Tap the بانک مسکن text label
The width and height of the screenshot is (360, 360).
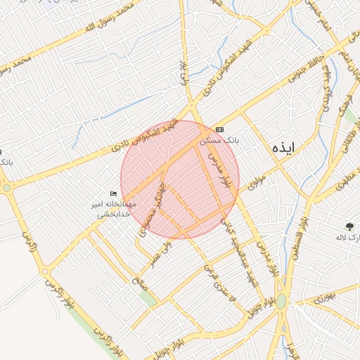pos(219,141)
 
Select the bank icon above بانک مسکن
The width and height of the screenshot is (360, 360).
pos(219,130)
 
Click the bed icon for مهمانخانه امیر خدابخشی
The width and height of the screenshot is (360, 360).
pos(113,194)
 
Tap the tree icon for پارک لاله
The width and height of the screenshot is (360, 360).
pos(349,226)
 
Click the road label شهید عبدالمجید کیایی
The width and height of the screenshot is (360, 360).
pos(240,253)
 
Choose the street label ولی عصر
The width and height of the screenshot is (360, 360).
pos(160,254)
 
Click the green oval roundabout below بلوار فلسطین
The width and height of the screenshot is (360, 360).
pos(281,301)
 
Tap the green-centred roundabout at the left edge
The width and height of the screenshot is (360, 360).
pos(6,188)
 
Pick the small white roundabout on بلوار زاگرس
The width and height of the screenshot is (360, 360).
pos(45,271)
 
